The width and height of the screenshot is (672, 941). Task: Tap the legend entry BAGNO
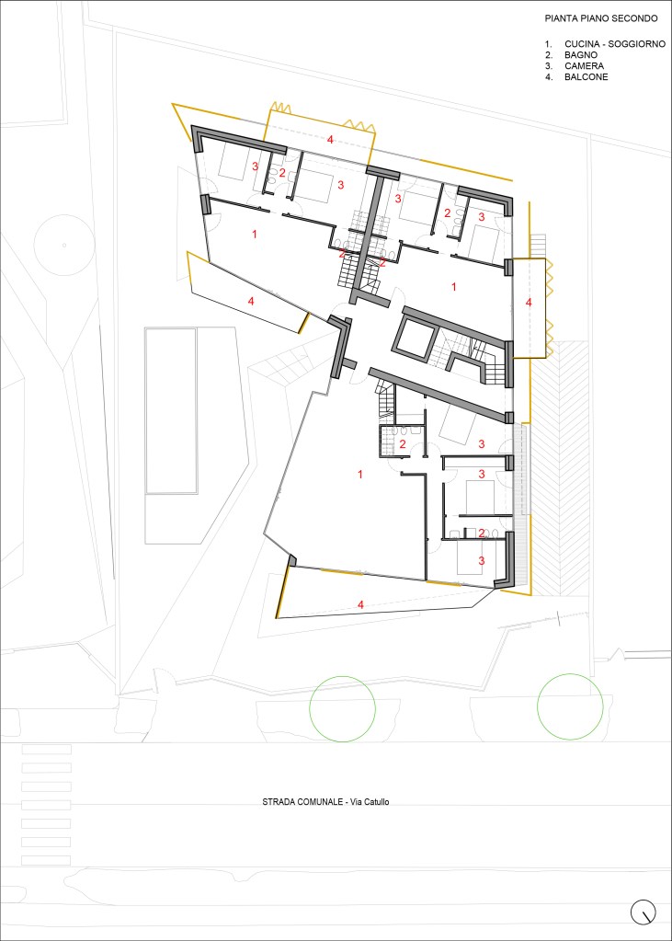pyautogui.click(x=581, y=55)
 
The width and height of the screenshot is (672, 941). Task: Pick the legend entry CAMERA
pyautogui.click(x=584, y=66)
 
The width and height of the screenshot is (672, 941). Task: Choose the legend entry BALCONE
pyautogui.click(x=587, y=77)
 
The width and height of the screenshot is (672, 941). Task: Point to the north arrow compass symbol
pyautogui.click(x=644, y=912)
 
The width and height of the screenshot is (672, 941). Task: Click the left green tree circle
pyautogui.click(x=343, y=709)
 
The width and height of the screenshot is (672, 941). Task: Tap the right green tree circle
pyautogui.click(x=569, y=707)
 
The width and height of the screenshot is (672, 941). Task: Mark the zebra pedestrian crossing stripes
pyautogui.click(x=46, y=805)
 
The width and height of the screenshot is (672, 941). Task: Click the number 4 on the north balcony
pyautogui.click(x=329, y=140)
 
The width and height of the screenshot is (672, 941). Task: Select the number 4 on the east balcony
pyautogui.click(x=529, y=303)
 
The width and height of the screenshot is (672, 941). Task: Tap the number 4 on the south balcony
pyautogui.click(x=360, y=605)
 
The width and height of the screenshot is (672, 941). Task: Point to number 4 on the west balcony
pyautogui.click(x=251, y=302)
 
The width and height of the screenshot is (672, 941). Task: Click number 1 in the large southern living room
pyautogui.click(x=360, y=475)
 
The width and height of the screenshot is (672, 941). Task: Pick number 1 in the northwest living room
pyautogui.click(x=255, y=235)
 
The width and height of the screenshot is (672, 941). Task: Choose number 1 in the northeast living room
pyautogui.click(x=453, y=288)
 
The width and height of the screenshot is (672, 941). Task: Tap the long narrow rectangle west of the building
pyautogui.click(x=171, y=410)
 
